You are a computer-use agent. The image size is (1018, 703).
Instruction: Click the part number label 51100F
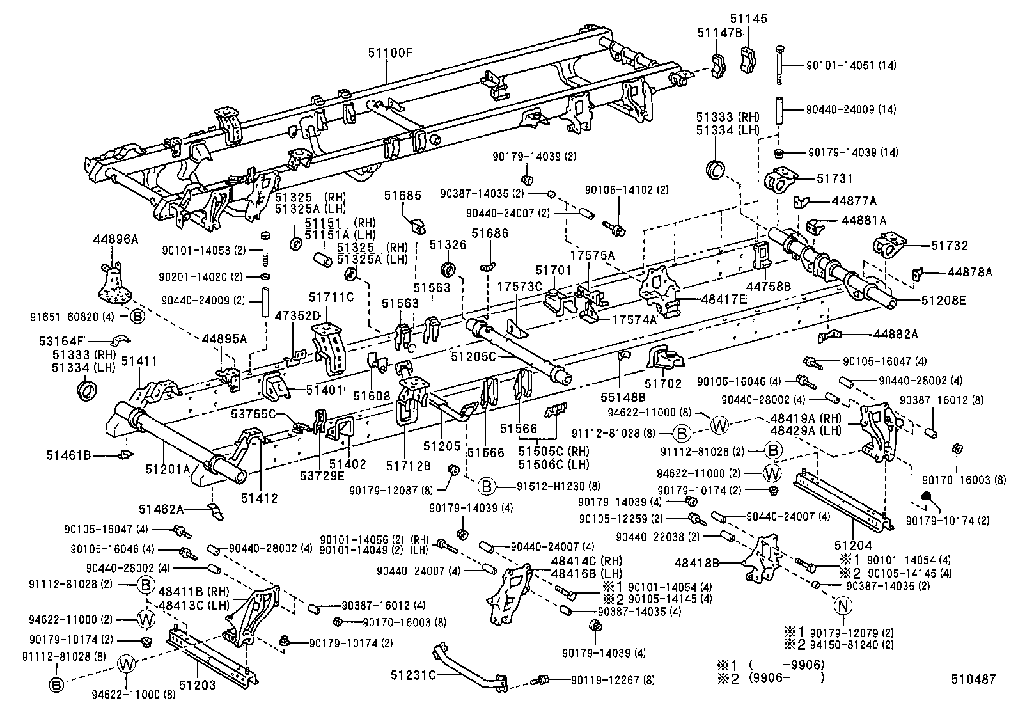391,53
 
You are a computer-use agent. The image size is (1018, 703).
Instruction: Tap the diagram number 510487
973,679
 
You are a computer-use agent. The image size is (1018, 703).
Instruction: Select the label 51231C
413,675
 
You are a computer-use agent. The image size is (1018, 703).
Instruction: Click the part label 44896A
116,239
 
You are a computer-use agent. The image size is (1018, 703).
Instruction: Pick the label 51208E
943,301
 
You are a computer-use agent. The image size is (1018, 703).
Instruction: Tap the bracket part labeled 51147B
718,65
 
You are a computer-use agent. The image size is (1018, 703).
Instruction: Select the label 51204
853,545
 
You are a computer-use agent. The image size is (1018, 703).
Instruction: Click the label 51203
197,685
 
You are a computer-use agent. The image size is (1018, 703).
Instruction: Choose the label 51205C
473,357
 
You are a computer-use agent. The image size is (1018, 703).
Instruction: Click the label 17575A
593,256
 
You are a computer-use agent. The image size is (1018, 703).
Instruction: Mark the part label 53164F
61,340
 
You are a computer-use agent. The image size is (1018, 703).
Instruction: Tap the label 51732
950,246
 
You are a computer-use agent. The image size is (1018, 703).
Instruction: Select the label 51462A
161,509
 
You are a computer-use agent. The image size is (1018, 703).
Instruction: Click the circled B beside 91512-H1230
487,487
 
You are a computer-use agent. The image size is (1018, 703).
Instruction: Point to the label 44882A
895,335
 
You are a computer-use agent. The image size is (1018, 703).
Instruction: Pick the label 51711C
331,297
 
